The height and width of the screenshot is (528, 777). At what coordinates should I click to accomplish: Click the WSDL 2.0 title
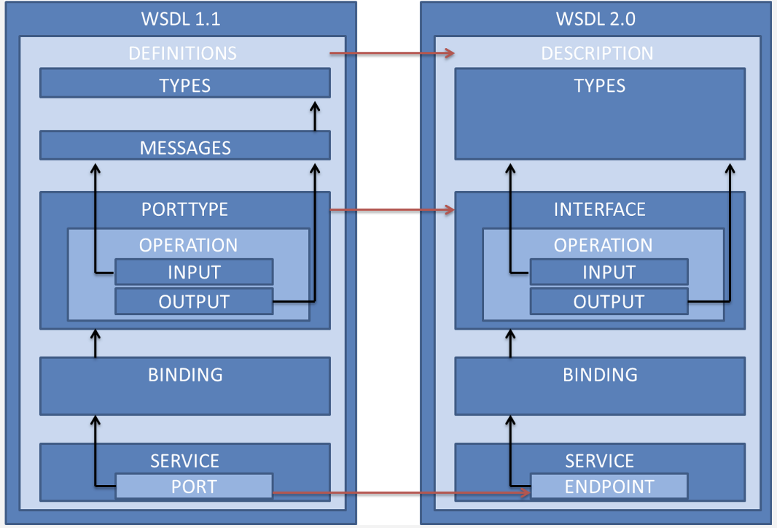(x=596, y=18)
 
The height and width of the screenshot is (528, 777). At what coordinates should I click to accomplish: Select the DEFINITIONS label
(x=182, y=53)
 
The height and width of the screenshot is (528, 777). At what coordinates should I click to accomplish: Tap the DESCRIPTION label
(x=597, y=53)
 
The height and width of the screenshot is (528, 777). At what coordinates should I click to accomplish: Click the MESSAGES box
(x=184, y=147)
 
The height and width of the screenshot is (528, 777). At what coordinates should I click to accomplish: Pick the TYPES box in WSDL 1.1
(x=184, y=85)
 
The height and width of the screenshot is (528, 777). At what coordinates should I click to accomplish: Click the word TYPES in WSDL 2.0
(x=599, y=85)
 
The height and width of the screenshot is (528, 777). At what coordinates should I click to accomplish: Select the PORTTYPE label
(x=184, y=209)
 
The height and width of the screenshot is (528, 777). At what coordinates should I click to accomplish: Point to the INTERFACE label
(x=599, y=209)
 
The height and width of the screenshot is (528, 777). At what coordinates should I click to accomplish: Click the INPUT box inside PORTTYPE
(x=194, y=273)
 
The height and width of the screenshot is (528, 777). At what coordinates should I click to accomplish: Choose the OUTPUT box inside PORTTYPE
(x=194, y=301)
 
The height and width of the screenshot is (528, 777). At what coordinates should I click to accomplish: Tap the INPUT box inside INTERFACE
(x=609, y=273)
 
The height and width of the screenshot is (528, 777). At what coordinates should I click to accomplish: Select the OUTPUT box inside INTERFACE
(x=609, y=301)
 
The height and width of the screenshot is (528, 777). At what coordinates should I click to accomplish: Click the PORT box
(x=194, y=486)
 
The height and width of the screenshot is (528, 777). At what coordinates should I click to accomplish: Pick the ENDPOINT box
(x=609, y=486)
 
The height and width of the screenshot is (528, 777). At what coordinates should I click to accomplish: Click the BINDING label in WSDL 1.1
(x=185, y=375)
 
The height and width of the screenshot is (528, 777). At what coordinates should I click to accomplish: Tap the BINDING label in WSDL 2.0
(x=600, y=375)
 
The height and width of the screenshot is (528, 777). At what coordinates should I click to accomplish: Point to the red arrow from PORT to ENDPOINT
(x=401, y=494)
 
